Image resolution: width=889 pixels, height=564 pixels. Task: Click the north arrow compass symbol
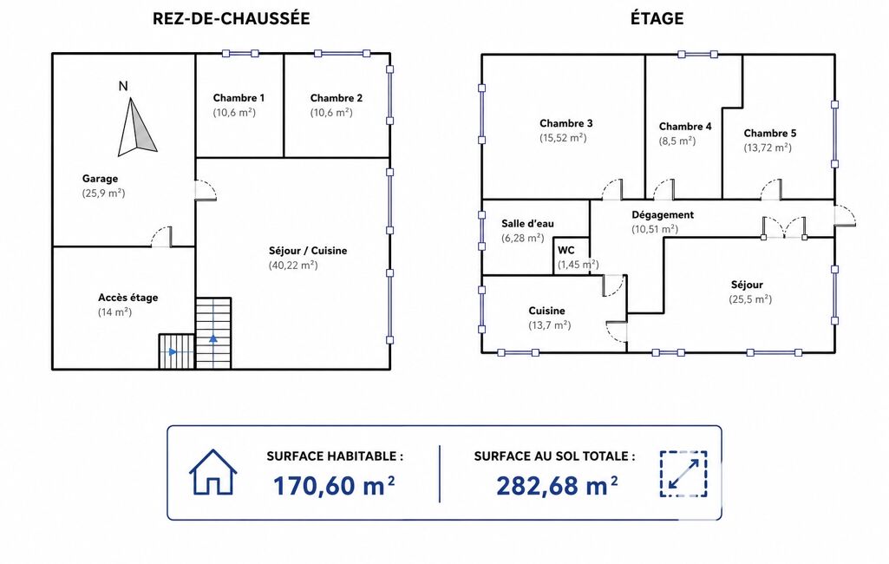(x=136, y=127)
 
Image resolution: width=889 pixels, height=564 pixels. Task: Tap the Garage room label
(x=100, y=179)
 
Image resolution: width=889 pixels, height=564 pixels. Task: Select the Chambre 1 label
(x=239, y=97)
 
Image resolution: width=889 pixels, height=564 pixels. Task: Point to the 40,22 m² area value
(x=293, y=265)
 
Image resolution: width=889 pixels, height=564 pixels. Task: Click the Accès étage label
(x=128, y=298)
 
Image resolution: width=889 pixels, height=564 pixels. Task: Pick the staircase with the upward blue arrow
(x=213, y=334)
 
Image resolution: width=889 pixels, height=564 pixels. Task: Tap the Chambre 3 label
(x=565, y=123)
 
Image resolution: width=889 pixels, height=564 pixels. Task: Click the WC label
(x=565, y=250)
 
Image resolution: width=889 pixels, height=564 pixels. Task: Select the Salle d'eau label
(x=527, y=224)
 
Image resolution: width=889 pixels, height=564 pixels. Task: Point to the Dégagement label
(x=663, y=214)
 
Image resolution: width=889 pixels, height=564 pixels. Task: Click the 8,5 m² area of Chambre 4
(x=677, y=141)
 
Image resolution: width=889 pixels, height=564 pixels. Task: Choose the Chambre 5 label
(x=770, y=134)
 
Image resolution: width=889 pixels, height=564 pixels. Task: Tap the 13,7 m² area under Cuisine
(x=549, y=325)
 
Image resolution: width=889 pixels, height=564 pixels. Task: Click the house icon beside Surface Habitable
(x=213, y=472)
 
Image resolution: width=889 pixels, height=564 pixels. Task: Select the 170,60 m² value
(x=334, y=486)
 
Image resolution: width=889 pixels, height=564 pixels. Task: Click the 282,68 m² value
(x=557, y=486)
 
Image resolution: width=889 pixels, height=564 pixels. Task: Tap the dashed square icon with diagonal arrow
(x=683, y=474)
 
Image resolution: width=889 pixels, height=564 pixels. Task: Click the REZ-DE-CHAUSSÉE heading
(x=232, y=19)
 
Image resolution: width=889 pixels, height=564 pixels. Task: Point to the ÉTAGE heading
(x=657, y=19)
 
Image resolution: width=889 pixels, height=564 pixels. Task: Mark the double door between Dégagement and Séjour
(x=784, y=227)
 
